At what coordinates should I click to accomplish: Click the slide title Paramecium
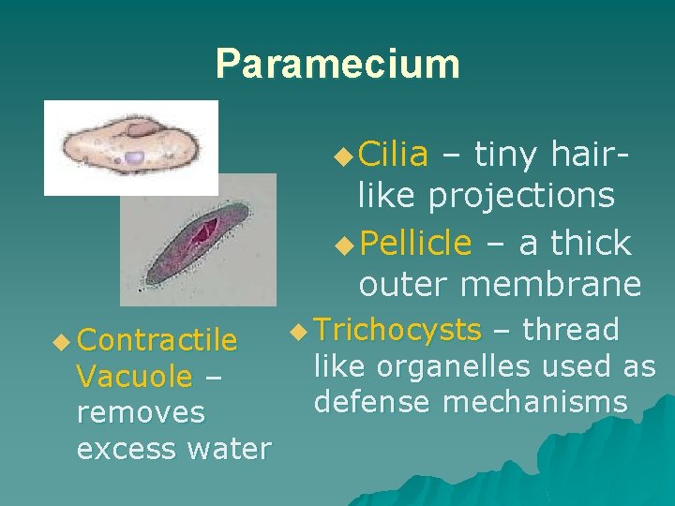click(337, 64)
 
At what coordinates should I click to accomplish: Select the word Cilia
click(393, 153)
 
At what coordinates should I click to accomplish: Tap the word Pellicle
click(414, 243)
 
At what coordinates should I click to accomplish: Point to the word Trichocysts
click(398, 330)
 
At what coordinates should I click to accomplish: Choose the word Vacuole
click(134, 376)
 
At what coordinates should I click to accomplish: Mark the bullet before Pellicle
click(343, 245)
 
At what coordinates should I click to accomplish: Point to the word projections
click(522, 197)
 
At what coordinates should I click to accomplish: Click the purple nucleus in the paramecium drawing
click(134, 158)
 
